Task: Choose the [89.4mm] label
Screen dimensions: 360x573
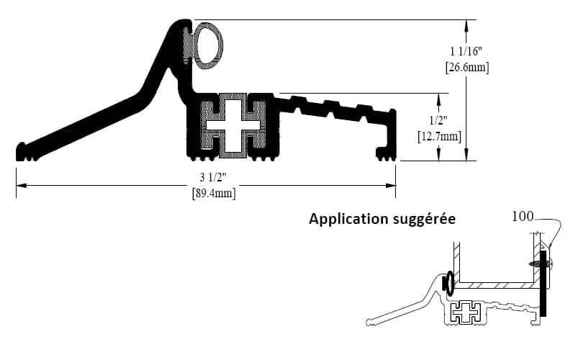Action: (214, 193)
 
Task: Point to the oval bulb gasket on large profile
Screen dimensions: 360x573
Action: (209, 45)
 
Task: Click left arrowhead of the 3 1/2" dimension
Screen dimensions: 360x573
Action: (19, 186)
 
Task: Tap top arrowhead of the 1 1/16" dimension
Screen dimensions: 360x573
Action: (467, 24)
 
